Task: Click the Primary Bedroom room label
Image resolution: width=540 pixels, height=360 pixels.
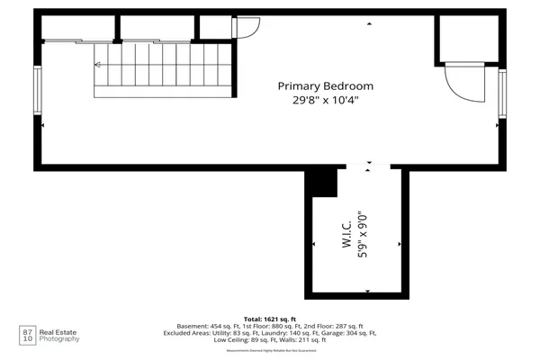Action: coord(325,86)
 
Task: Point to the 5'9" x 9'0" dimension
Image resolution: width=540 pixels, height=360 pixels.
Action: coord(363,236)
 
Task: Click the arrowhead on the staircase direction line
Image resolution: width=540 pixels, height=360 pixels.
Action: coord(97,65)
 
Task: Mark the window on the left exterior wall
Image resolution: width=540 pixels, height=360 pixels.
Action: coord(38,91)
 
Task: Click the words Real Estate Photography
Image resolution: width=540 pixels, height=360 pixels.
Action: coord(57,336)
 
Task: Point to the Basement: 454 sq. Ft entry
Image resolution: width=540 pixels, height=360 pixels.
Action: coord(213,325)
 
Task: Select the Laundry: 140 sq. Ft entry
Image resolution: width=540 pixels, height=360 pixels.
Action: coord(276,333)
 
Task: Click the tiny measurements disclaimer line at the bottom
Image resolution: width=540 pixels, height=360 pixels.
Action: coord(270,350)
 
